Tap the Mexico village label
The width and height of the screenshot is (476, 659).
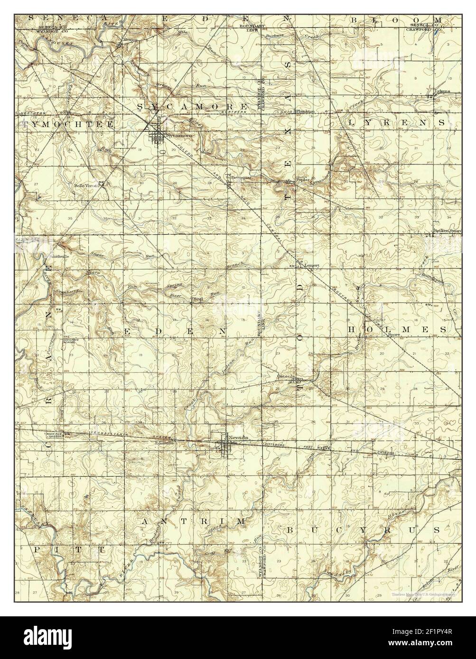click(130, 40)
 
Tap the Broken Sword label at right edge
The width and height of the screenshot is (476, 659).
click(447, 231)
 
